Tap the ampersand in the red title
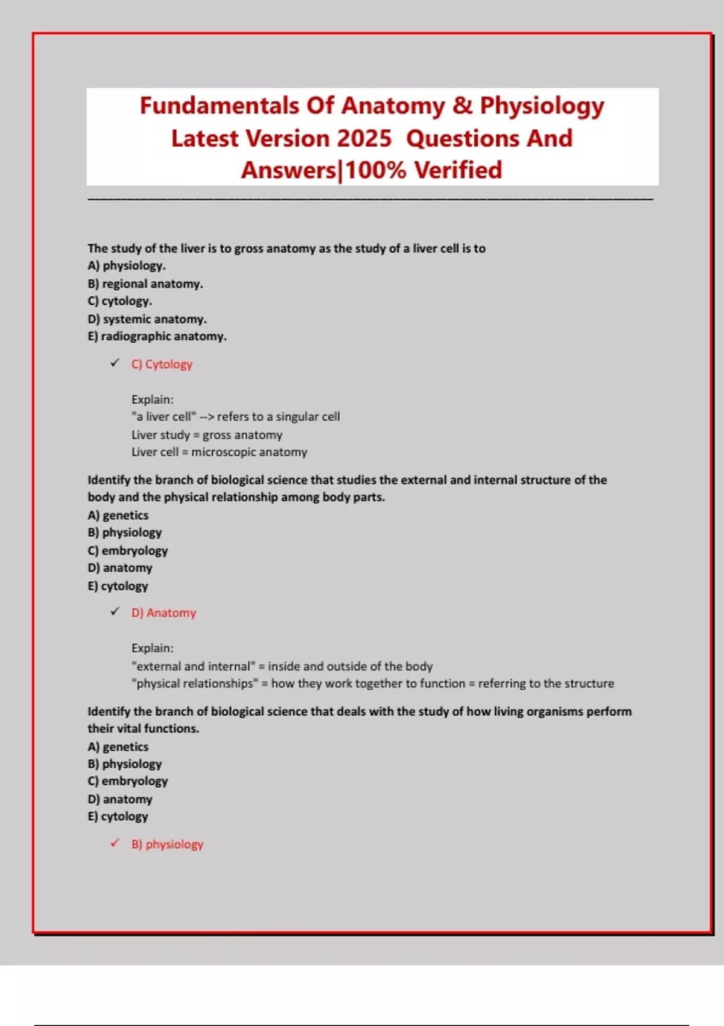coord(462,106)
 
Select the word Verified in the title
coord(458,171)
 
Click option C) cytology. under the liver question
coord(119,301)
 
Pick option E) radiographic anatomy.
coord(157,336)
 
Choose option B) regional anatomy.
coord(145,284)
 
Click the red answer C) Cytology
coord(162,365)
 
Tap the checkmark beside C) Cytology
coord(115,363)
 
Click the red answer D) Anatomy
coord(164,613)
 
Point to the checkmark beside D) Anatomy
coord(115,611)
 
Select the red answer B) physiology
coord(167,844)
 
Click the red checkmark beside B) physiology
coord(115,843)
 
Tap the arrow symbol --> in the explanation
coord(206,417)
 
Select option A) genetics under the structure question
coord(118,515)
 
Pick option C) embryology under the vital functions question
coord(127,781)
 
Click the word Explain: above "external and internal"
coord(152,648)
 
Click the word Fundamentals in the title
coord(220,106)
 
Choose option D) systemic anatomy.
coord(147,319)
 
